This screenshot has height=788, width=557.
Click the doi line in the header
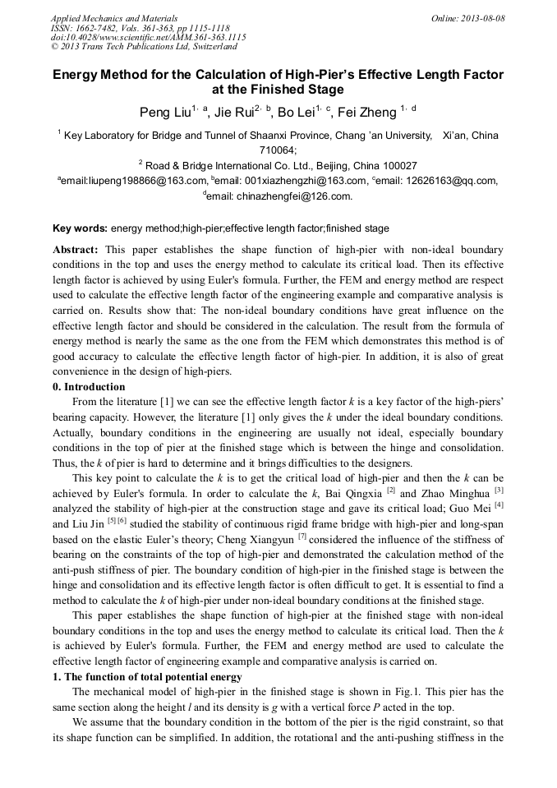click(x=148, y=37)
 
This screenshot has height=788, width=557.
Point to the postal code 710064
click(x=278, y=150)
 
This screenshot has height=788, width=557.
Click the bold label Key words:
click(x=80, y=228)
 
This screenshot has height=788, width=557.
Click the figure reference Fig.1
click(x=386, y=692)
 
